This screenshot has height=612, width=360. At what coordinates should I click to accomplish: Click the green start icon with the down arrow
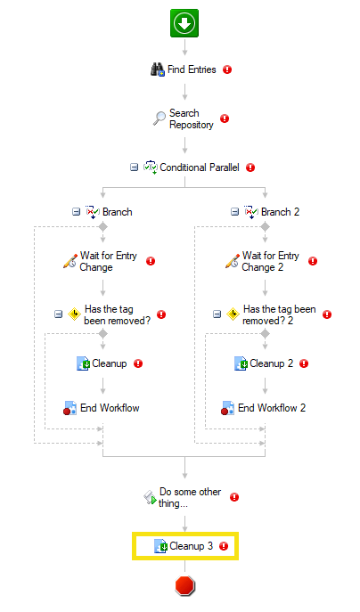point(184,23)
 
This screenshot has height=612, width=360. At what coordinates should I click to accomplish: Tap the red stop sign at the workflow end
point(184,586)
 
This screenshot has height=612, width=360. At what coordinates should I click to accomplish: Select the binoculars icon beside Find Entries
point(158,69)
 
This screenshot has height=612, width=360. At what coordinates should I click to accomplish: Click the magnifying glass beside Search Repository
point(159,118)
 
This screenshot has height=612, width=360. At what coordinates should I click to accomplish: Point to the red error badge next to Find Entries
point(227,69)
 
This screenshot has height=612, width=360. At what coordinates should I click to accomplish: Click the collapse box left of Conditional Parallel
point(134,167)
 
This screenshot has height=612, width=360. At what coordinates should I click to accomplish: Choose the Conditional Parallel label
point(200,167)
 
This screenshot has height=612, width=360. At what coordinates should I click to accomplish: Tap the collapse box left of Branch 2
point(234,212)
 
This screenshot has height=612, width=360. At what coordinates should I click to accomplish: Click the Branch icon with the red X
point(93,212)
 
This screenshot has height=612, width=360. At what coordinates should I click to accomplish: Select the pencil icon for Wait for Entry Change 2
point(232,261)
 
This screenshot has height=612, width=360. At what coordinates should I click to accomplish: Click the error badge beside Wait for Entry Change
point(151,261)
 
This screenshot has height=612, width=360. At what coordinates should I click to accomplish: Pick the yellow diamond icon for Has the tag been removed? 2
point(233,314)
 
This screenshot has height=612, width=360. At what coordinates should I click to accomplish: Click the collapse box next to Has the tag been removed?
point(58,314)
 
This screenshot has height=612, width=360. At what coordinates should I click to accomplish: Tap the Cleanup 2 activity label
point(272,363)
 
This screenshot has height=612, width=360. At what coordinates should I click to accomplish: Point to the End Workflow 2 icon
point(227,408)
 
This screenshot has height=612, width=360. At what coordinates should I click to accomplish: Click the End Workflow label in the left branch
point(110,408)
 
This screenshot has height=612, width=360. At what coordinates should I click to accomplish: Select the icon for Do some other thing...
point(150,497)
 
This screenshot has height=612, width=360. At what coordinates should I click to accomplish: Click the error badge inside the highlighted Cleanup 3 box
point(224,546)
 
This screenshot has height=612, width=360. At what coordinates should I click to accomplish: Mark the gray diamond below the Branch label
point(102,226)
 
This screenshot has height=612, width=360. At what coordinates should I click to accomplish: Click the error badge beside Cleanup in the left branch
point(138,363)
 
